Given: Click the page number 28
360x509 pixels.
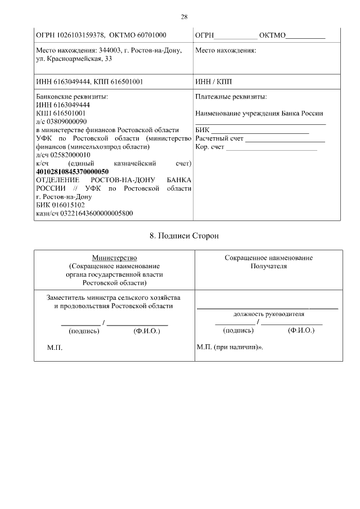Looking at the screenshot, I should [183, 16].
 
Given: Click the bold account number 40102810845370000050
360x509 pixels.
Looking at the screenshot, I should [72, 171].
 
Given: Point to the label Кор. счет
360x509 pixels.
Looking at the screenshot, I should [209, 147].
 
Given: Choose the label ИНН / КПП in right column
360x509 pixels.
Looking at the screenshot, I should [213, 82].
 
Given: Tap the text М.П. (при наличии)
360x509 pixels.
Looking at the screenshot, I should [229, 347].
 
